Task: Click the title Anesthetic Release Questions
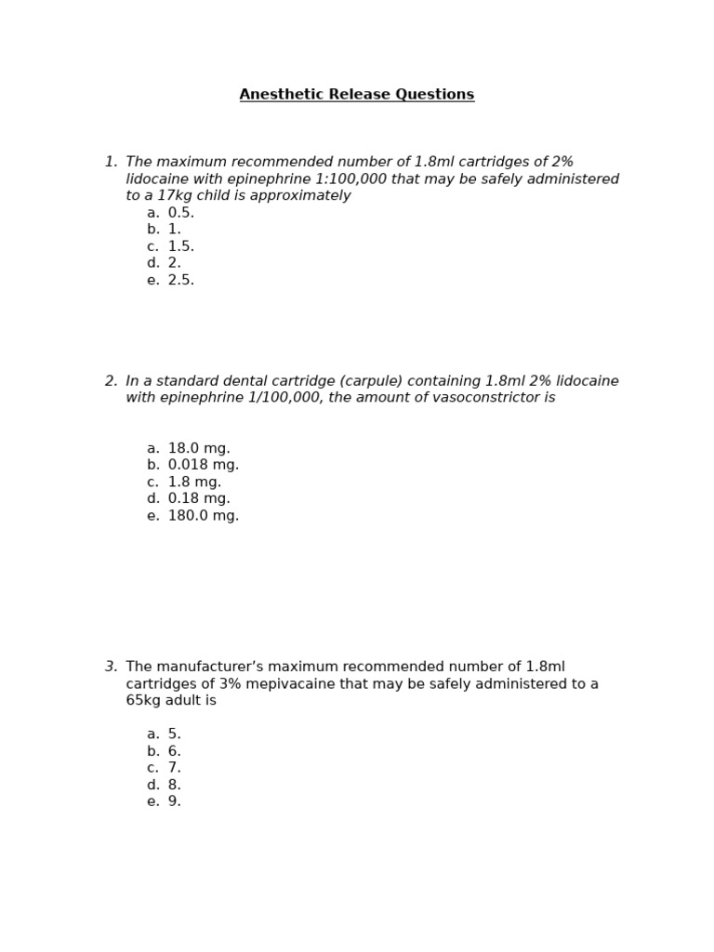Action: (357, 95)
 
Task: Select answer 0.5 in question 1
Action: (180, 213)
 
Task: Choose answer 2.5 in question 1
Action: (180, 280)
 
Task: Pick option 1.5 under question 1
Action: (180, 246)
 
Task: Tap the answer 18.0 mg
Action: (198, 448)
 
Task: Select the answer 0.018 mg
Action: (203, 465)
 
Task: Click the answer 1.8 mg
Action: (194, 482)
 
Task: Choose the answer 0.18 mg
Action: (198, 498)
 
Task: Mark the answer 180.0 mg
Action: (203, 515)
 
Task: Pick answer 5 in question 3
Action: (174, 734)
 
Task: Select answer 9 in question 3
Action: (174, 801)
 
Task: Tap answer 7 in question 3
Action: (174, 768)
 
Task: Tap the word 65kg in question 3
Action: (145, 701)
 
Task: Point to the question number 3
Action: (111, 667)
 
